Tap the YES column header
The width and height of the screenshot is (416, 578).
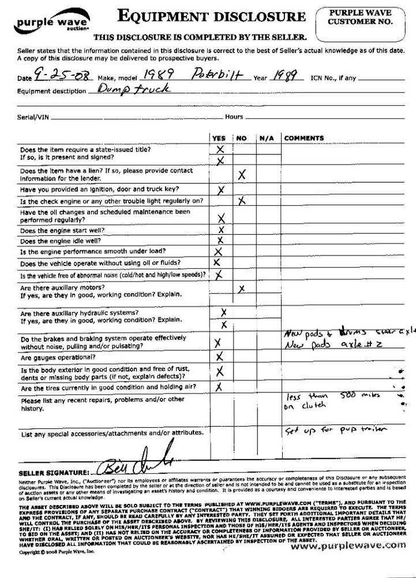[x=219, y=138]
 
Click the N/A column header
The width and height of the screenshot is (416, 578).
[x=266, y=138]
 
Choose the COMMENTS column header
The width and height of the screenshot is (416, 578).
[x=304, y=138]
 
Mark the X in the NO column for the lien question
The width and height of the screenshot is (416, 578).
[x=242, y=173]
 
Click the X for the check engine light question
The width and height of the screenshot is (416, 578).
[x=242, y=201]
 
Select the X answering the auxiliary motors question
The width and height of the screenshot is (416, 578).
[x=242, y=288]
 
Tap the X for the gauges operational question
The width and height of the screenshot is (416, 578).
[x=219, y=357]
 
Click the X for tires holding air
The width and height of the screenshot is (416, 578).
[x=219, y=387]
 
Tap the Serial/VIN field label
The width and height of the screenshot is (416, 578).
[x=33, y=117]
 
